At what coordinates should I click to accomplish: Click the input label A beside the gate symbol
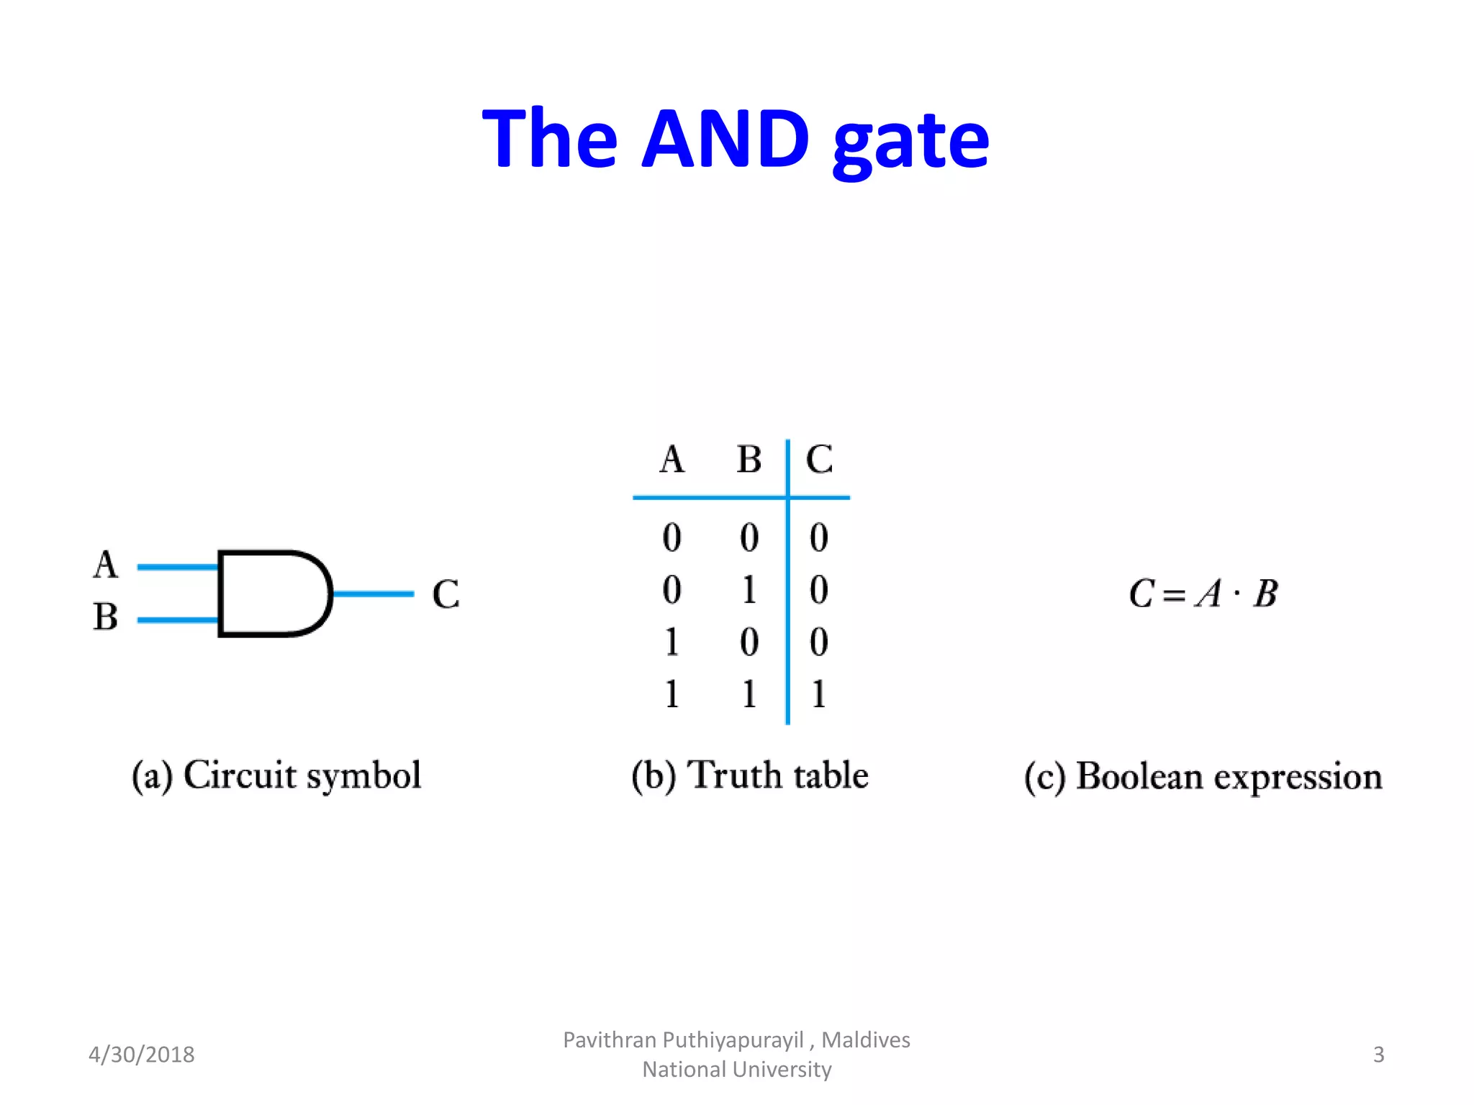pyautogui.click(x=106, y=565)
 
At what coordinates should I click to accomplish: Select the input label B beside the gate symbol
pyautogui.click(x=106, y=617)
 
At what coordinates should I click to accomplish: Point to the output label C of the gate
pyautogui.click(x=446, y=595)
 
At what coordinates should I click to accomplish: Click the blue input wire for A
pyautogui.click(x=177, y=567)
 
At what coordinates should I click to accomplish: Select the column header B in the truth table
pyautogui.click(x=749, y=459)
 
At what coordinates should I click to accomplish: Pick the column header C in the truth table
pyautogui.click(x=819, y=459)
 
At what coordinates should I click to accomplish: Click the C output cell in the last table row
pyautogui.click(x=818, y=694)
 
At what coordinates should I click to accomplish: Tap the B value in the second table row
pyautogui.click(x=749, y=590)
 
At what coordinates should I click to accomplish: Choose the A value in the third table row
pyautogui.click(x=672, y=642)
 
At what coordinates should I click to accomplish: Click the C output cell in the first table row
pyautogui.click(x=818, y=537)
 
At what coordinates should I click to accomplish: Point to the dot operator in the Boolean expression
pyautogui.click(x=1236, y=594)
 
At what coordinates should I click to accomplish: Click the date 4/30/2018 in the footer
pyautogui.click(x=141, y=1055)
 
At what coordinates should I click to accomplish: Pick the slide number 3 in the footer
pyautogui.click(x=1378, y=1055)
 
